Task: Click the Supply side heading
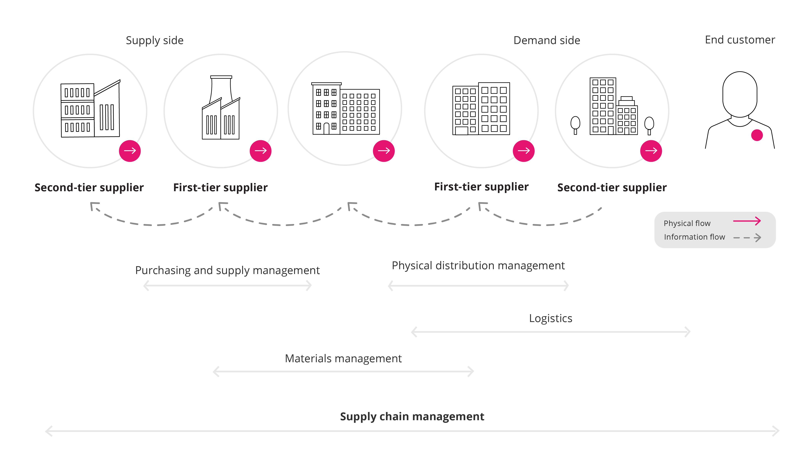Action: click(x=154, y=40)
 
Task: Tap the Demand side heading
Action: click(x=546, y=40)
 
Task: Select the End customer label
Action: click(x=740, y=40)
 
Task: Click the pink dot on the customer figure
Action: click(x=757, y=135)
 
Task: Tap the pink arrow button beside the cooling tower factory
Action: click(x=260, y=151)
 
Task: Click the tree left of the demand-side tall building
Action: click(x=575, y=124)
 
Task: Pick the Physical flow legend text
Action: click(x=687, y=223)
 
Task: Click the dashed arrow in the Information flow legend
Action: click(x=747, y=238)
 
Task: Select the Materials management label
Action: click(x=343, y=358)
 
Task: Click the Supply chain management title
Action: click(x=412, y=416)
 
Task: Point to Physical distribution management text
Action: click(x=478, y=266)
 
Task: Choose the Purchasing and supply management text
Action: click(x=227, y=270)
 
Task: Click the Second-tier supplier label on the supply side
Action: click(x=89, y=187)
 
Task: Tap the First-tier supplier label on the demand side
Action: click(x=481, y=187)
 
